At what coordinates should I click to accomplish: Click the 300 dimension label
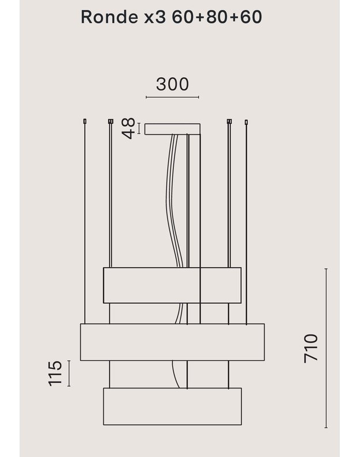pyautogui.click(x=172, y=84)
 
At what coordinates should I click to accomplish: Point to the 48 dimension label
pyautogui.click(x=128, y=128)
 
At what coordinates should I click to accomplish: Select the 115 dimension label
pyautogui.click(x=55, y=374)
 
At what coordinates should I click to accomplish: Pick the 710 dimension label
pyautogui.click(x=311, y=348)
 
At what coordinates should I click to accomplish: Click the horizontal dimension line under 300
pyautogui.click(x=172, y=97)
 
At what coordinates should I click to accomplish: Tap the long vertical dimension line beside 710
pyautogui.click(x=326, y=348)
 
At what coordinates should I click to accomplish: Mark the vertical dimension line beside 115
pyautogui.click(x=69, y=374)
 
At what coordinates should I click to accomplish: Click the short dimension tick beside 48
pyautogui.click(x=139, y=128)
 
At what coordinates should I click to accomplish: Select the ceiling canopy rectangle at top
pyautogui.click(x=172, y=129)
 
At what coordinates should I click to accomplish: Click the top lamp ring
pyautogui.click(x=172, y=285)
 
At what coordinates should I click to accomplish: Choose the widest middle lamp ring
pyautogui.click(x=172, y=342)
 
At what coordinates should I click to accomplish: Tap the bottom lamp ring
pyautogui.click(x=172, y=406)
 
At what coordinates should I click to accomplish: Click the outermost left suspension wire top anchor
pyautogui.click(x=85, y=121)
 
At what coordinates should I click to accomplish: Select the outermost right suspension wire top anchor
pyautogui.click(x=247, y=121)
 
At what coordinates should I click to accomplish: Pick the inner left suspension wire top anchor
pyautogui.click(x=110, y=121)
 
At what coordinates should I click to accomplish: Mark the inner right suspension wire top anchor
pyautogui.click(x=229, y=121)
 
